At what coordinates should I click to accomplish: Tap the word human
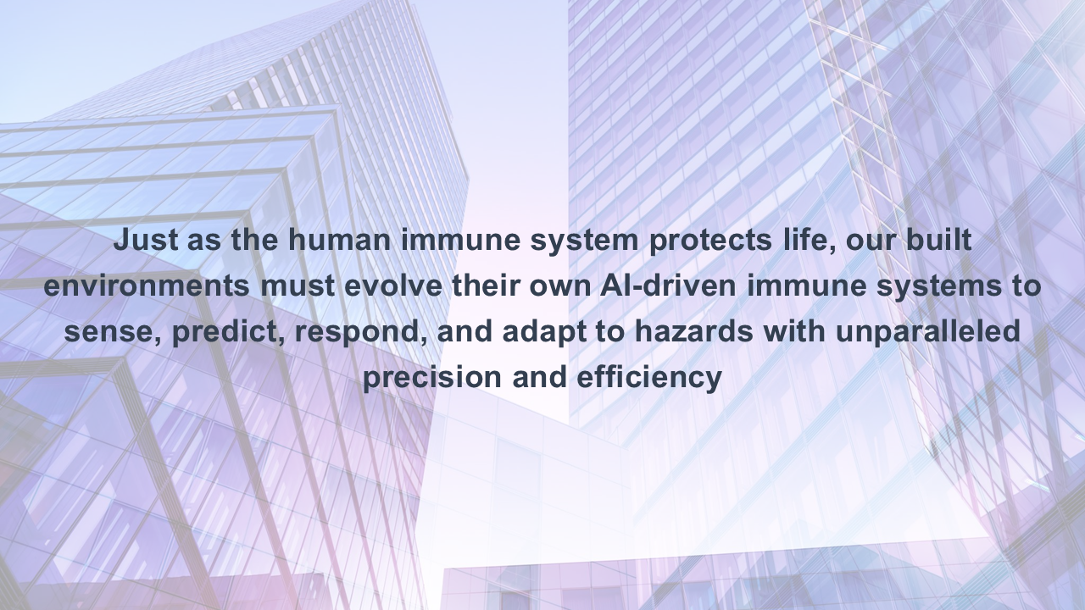click(x=340, y=240)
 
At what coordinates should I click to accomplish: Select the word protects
click(x=710, y=241)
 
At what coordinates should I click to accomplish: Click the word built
click(x=938, y=240)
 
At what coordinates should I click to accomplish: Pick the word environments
click(x=147, y=286)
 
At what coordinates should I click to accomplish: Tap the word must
click(x=298, y=286)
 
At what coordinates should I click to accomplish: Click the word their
click(x=486, y=286)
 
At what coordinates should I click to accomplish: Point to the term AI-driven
click(x=668, y=286)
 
